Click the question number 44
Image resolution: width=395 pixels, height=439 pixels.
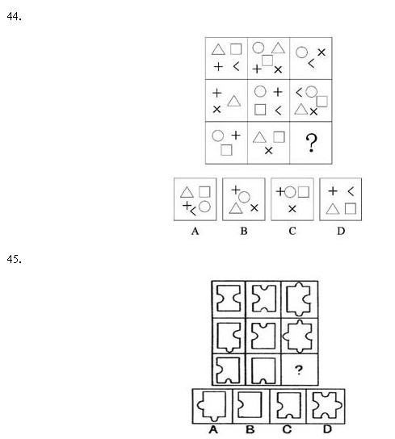pos(14,16)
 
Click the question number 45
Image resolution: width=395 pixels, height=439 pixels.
pos(14,259)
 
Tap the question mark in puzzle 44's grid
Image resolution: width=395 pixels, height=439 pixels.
pos(312,143)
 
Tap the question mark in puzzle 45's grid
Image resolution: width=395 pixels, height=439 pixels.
pos(299,370)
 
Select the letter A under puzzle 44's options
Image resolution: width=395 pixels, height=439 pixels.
pos(195,231)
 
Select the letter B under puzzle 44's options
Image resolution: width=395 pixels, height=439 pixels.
pos(244,231)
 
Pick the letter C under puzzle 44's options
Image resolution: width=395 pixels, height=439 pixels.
pos(292,231)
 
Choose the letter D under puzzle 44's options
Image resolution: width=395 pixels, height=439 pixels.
pos(341,231)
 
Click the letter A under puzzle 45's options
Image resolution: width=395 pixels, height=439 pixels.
pos(213,429)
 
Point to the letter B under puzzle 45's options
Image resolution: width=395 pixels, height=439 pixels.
pos(250,429)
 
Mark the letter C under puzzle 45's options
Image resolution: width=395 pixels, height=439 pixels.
pos(287,429)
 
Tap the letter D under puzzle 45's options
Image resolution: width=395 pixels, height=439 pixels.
pos(327,429)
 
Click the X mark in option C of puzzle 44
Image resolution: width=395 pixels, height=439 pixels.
pos(292,209)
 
